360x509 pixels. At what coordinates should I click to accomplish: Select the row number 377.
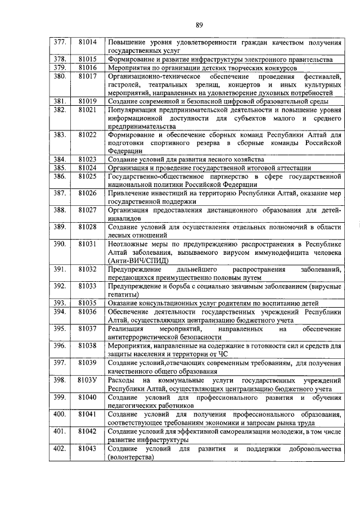[60, 42]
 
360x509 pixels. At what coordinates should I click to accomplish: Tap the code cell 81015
[88, 59]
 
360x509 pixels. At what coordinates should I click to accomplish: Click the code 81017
[88, 76]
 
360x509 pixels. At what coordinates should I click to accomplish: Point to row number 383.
[60, 135]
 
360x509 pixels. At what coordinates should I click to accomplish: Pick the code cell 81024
[88, 168]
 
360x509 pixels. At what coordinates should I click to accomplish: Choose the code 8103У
[88, 381]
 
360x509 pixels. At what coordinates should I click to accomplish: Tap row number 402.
[60, 449]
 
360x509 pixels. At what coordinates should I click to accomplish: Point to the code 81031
[88, 244]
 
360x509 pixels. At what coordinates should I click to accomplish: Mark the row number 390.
[60, 244]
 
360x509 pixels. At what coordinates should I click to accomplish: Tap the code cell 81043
[88, 449]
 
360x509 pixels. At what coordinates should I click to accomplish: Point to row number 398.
[60, 381]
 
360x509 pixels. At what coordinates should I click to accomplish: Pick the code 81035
[88, 303]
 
